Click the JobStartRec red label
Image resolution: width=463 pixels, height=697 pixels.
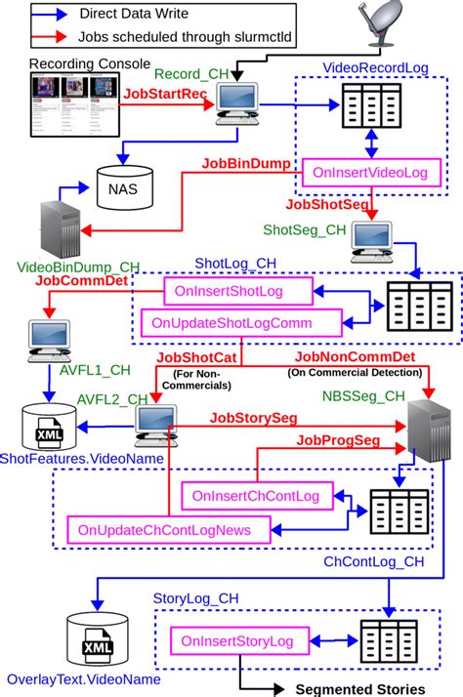[x=165, y=95]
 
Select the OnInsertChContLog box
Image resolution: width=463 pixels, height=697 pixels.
[x=256, y=497]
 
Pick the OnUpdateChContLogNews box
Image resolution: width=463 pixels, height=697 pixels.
[x=163, y=530]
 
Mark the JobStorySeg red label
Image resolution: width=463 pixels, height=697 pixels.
[x=252, y=417]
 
